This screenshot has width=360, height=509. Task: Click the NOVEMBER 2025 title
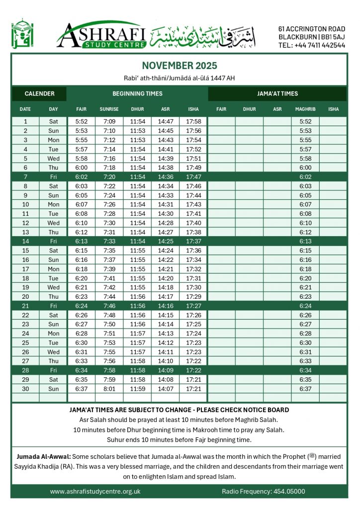tap(180, 66)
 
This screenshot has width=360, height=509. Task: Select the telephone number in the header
tap(312, 45)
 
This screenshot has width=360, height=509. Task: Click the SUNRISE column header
tap(109, 109)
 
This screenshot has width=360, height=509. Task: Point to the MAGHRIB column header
tap(305, 109)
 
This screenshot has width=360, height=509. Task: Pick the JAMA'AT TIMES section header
tap(277, 93)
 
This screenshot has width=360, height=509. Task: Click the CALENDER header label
tap(39, 93)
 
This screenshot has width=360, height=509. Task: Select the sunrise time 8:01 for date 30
tap(109, 389)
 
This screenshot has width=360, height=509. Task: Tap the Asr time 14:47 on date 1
tap(166, 121)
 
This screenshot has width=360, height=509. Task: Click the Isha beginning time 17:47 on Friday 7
tap(193, 176)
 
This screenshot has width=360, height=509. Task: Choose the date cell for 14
tap(25, 241)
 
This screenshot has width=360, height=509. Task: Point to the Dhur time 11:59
tap(137, 389)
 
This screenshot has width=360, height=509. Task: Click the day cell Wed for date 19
tap(53, 287)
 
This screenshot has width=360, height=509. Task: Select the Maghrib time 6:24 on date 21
tap(305, 306)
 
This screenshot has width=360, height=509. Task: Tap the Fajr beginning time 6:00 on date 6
tap(81, 168)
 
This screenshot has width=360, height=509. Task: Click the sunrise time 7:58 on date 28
tap(109, 370)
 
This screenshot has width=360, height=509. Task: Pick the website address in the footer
tap(95, 491)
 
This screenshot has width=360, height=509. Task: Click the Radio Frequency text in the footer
tap(263, 491)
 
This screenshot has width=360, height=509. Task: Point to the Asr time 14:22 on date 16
tap(166, 259)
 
